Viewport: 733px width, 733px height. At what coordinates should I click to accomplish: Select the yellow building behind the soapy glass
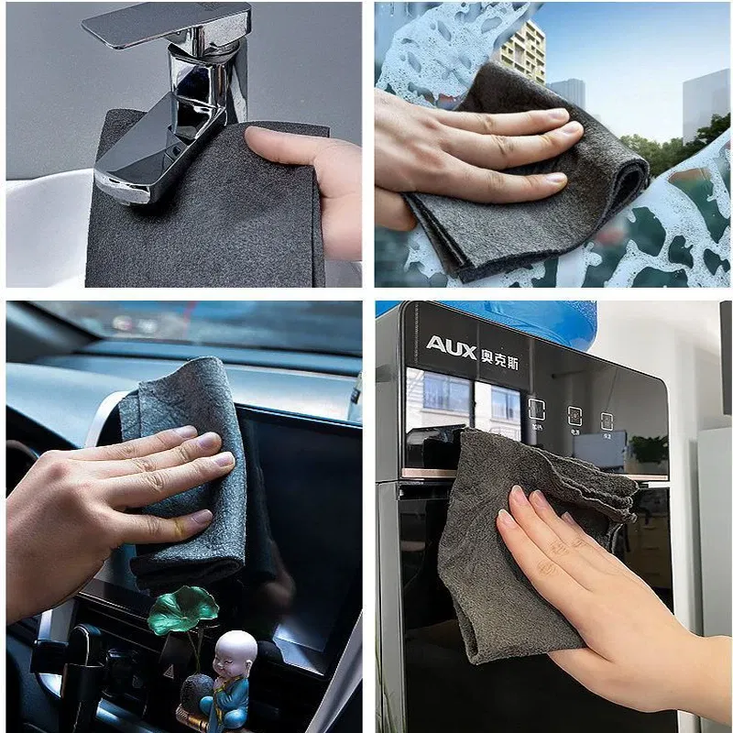(522, 50)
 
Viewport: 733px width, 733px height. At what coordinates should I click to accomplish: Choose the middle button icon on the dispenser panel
(575, 417)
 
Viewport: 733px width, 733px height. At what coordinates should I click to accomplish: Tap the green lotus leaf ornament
(183, 609)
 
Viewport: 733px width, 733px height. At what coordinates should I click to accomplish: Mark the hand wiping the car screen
(101, 513)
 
